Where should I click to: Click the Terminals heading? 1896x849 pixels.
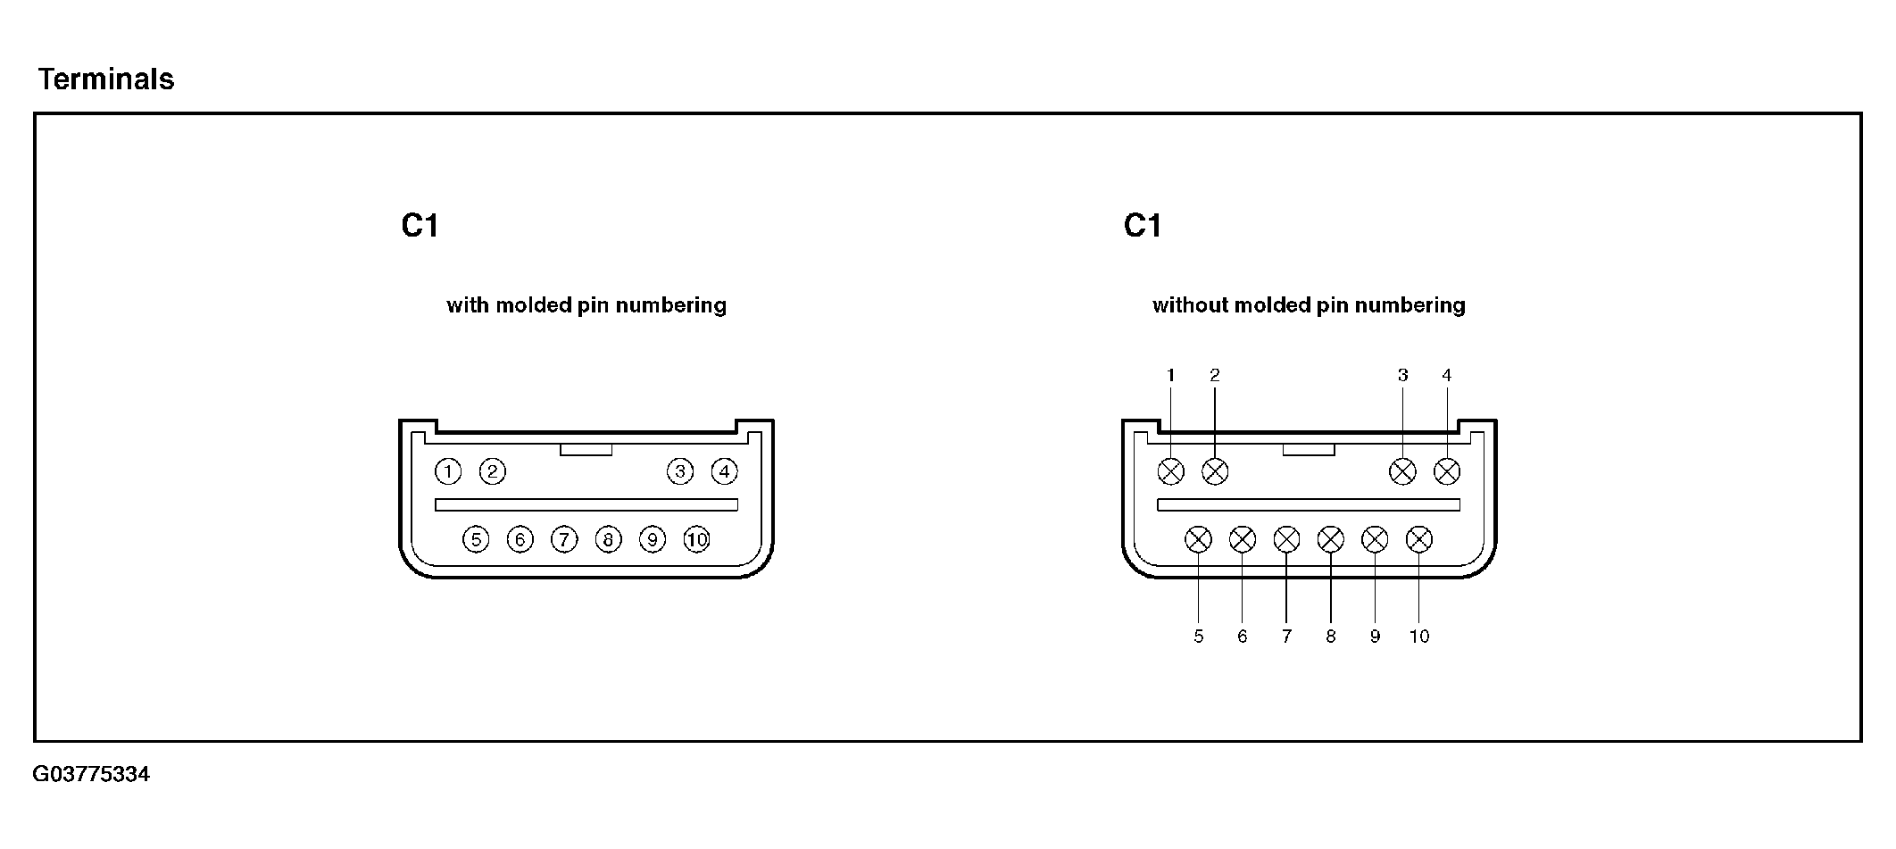click(105, 79)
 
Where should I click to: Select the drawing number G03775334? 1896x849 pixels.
click(91, 774)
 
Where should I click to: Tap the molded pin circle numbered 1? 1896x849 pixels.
click(448, 471)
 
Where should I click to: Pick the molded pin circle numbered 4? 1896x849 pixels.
click(724, 471)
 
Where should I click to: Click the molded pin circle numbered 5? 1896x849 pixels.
click(476, 539)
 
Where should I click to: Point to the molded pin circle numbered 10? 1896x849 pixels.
click(696, 539)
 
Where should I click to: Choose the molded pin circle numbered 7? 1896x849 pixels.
click(564, 539)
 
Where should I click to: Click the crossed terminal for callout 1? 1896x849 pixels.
click(1170, 471)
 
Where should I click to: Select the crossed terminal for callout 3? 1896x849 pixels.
click(1402, 471)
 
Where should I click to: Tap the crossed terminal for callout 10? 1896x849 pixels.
click(1418, 539)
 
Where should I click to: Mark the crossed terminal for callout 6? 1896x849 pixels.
click(1242, 539)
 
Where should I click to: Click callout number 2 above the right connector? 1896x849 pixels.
click(1214, 376)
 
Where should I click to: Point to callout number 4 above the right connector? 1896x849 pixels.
click(1446, 376)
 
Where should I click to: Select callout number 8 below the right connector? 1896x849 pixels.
click(1330, 637)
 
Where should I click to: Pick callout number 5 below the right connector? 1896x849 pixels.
click(1198, 637)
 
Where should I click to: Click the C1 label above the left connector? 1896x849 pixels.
click(420, 226)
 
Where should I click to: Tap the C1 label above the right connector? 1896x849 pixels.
click(1142, 226)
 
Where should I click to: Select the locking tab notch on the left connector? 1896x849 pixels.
click(586, 450)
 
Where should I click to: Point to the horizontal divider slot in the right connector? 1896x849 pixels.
click(1308, 504)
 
